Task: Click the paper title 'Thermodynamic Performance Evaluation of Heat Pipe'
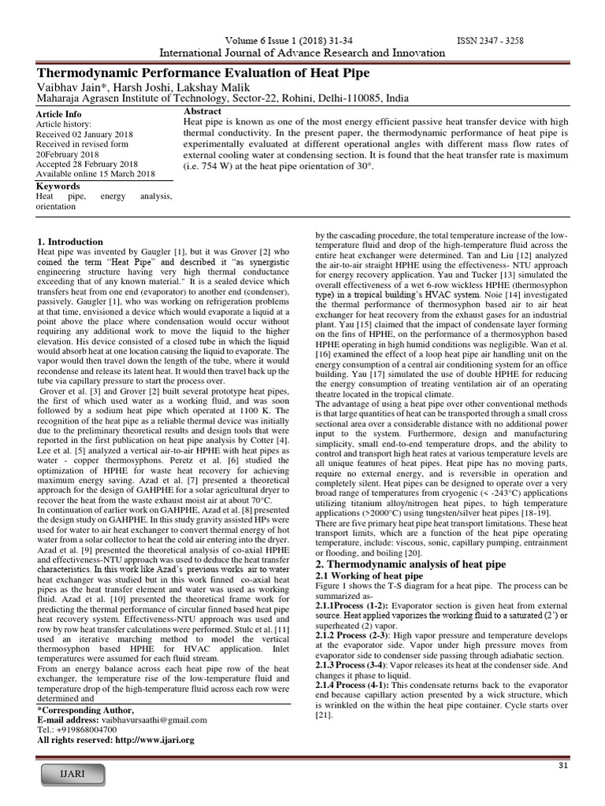(x=202, y=73)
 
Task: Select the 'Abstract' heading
(x=202, y=112)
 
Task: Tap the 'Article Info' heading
(x=58, y=114)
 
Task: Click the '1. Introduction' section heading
(x=70, y=241)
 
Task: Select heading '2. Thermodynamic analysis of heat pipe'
(x=411, y=564)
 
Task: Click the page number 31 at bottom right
(x=562, y=766)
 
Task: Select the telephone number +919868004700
(x=84, y=730)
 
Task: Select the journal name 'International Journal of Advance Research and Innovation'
(x=302, y=53)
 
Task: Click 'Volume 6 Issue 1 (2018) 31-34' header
(x=288, y=41)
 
